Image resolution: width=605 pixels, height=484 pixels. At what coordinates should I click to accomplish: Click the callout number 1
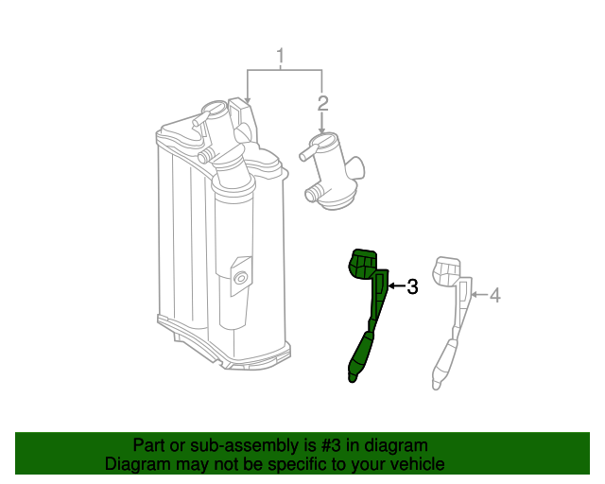(281, 56)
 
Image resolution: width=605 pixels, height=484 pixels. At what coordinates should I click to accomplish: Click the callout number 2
(322, 103)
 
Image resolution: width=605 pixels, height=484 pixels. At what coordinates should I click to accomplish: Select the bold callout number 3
(412, 286)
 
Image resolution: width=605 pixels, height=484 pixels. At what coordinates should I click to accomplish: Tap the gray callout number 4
(495, 295)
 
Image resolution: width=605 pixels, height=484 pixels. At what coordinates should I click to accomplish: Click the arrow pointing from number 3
(397, 286)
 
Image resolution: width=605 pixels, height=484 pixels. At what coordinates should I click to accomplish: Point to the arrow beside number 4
(479, 295)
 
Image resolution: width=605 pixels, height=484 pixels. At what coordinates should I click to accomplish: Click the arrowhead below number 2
(321, 131)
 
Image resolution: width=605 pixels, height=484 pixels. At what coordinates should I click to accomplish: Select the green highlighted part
(367, 309)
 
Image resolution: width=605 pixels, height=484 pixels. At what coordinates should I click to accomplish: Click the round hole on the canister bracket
(241, 278)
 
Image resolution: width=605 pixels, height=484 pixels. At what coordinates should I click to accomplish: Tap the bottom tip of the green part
(353, 381)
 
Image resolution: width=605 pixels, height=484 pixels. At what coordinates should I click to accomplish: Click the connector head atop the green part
(362, 264)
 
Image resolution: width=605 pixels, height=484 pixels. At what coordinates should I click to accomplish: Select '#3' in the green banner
(331, 445)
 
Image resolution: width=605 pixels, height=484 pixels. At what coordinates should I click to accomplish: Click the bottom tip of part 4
(437, 387)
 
